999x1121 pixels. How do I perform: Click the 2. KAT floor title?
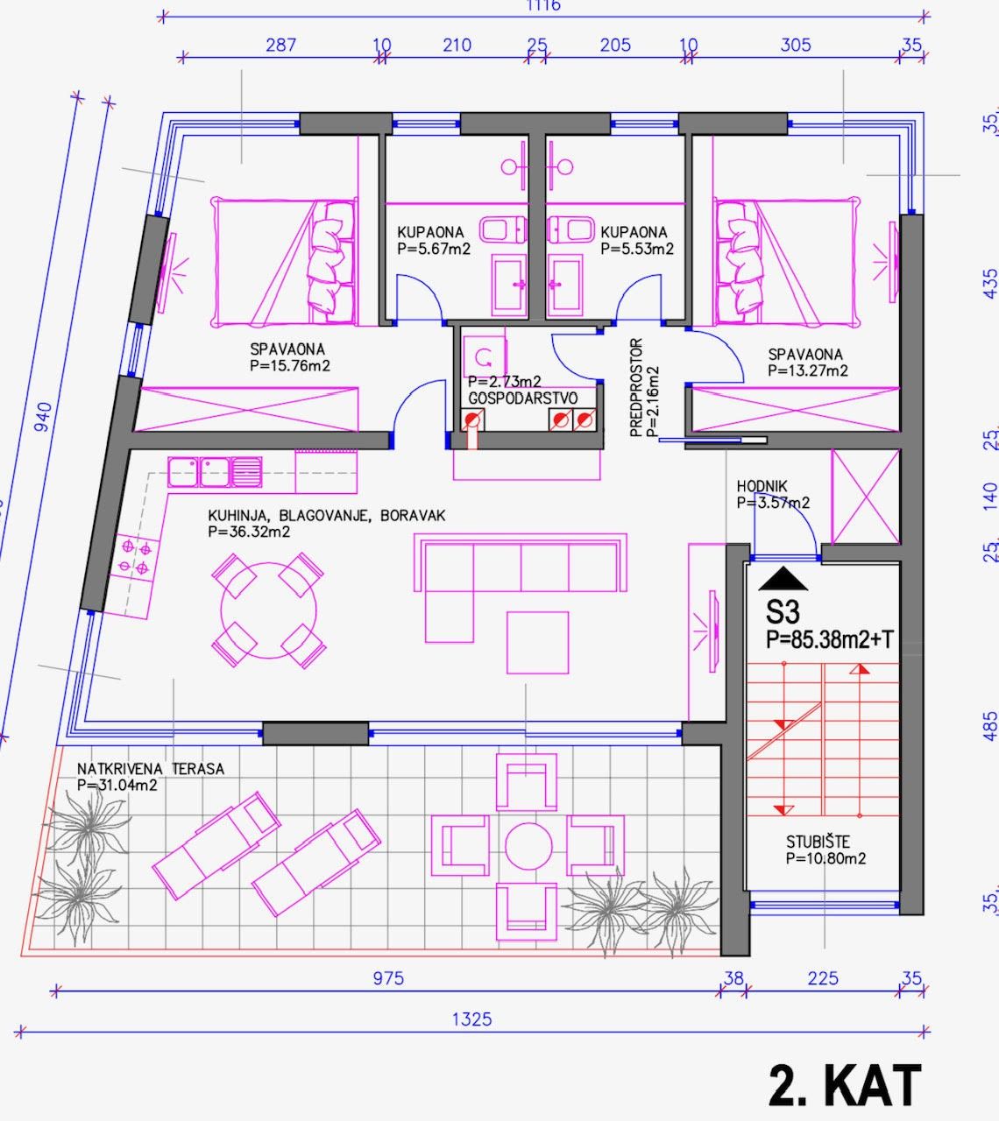pyautogui.click(x=845, y=1085)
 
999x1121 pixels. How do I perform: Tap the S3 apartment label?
pyautogui.click(x=783, y=610)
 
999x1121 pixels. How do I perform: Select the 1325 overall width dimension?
pyautogui.click(x=471, y=1019)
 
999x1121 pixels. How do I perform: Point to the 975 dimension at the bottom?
pyautogui.click(x=387, y=978)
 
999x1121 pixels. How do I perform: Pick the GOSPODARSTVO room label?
pyautogui.click(x=522, y=398)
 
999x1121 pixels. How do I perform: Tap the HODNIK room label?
pyautogui.click(x=762, y=486)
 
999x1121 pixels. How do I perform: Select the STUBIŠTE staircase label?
pyautogui.click(x=818, y=843)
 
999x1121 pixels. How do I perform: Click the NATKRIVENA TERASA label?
pyautogui.click(x=150, y=769)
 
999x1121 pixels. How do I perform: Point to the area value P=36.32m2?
pyautogui.click(x=249, y=532)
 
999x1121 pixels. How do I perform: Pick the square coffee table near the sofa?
pyautogui.click(x=537, y=642)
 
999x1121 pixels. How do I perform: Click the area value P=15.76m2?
pyautogui.click(x=289, y=366)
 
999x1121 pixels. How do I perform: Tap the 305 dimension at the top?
pyautogui.click(x=795, y=45)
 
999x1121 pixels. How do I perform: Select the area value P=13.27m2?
pyautogui.click(x=807, y=370)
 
